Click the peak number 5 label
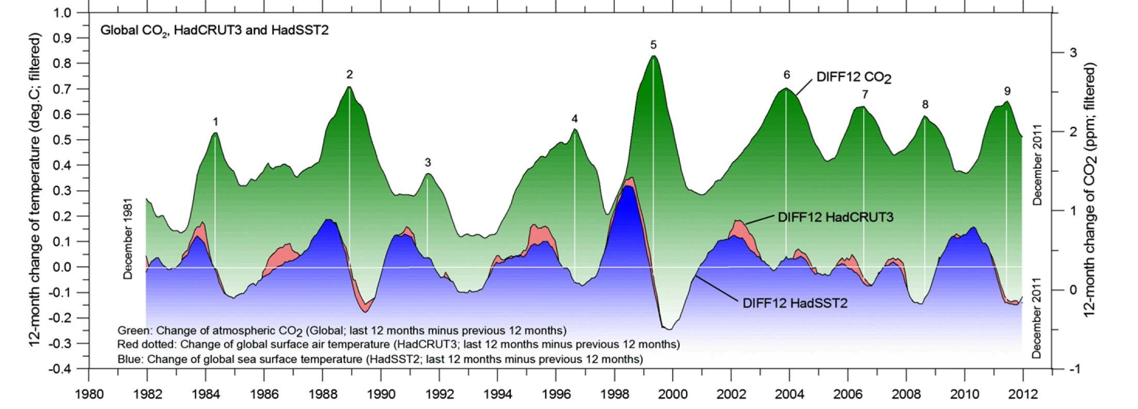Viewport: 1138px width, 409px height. [x=653, y=45]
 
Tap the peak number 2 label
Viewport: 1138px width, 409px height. [x=350, y=75]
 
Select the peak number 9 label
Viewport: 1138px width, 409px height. [x=1007, y=91]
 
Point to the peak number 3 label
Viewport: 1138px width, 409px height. [x=428, y=162]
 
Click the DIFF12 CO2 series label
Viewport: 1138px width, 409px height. [x=854, y=78]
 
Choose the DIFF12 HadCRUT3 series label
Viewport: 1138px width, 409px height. [x=835, y=217]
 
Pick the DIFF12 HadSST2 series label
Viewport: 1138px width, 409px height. [x=795, y=303]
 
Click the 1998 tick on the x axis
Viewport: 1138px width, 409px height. [x=615, y=395]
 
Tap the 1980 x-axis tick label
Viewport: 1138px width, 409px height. [x=89, y=395]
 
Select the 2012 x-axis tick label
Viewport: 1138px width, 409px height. [x=1023, y=395]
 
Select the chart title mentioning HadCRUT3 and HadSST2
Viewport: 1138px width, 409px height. [x=214, y=31]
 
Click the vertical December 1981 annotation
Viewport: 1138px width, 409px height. [x=128, y=239]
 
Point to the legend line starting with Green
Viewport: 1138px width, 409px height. [x=341, y=330]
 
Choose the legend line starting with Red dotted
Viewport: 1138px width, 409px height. [x=398, y=344]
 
